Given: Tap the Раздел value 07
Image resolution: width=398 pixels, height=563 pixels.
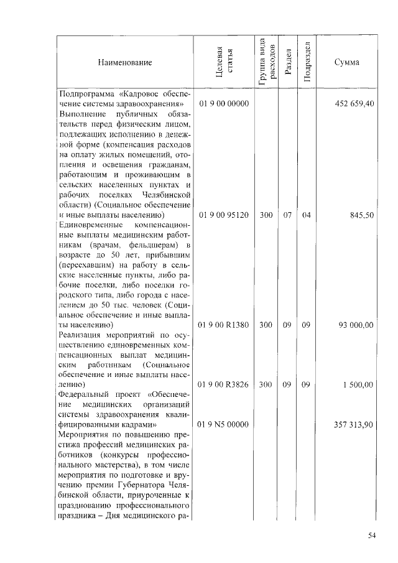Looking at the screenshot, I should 287,215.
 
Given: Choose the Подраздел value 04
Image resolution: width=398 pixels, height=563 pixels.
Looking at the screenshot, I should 306,215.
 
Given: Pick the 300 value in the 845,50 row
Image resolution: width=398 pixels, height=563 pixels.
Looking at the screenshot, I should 266,215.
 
